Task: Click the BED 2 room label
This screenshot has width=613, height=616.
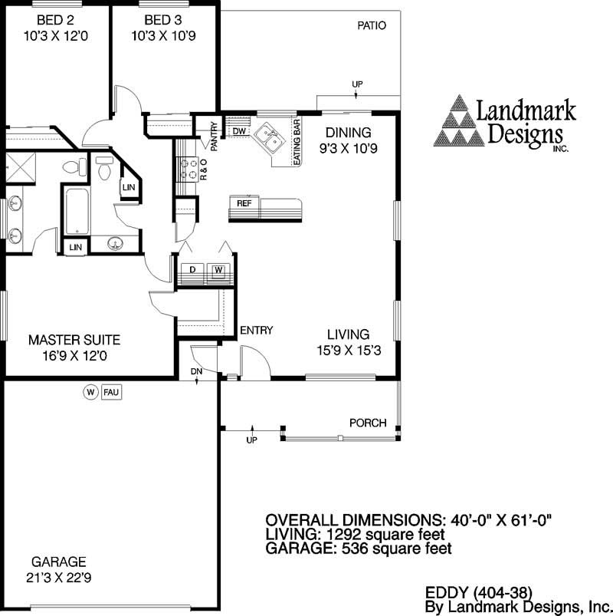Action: pos(52,19)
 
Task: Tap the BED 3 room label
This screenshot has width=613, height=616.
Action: pos(162,19)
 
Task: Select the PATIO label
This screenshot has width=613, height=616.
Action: pos(372,25)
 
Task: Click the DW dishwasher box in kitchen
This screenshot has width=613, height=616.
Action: pos(239,132)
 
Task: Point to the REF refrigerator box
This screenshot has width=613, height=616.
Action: pos(244,203)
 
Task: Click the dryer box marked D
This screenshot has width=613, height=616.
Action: pos(192,269)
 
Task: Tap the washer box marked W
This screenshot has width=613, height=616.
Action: pos(218,269)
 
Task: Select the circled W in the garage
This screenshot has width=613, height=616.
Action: pos(90,393)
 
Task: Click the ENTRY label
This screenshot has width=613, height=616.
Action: pos(256,331)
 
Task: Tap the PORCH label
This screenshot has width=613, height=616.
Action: pos(367,423)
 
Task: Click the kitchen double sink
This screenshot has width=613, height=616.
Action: pos(267,138)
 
